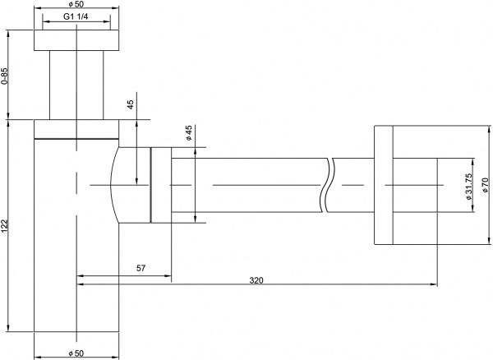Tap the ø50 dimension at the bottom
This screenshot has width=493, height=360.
coord(76,353)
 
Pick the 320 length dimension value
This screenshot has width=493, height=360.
coord(256,280)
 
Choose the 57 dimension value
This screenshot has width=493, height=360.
coord(141,268)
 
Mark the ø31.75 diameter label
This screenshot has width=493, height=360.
coord(466,189)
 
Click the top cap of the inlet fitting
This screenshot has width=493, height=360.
coord(76,41)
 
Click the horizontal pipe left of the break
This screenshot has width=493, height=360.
coord(246,185)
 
